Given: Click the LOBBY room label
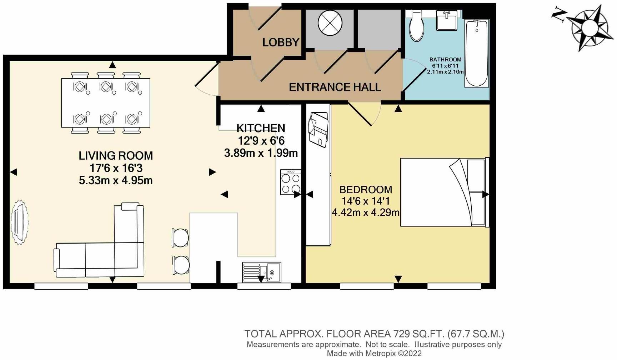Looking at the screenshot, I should [281, 42].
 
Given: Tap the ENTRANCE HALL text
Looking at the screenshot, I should [335, 87].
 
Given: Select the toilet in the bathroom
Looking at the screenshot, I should [416, 26].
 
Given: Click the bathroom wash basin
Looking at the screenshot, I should [446, 20].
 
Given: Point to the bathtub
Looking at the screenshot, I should [476, 54].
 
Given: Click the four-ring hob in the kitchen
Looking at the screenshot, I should [291, 182].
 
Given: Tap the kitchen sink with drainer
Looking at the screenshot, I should [262, 272].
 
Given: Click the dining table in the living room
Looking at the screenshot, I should [106, 103].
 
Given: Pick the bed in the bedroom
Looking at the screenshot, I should [443, 192].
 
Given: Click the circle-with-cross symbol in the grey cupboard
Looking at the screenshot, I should [330, 23].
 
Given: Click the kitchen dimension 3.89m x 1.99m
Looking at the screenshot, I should [261, 153].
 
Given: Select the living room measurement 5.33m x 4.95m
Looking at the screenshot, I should [116, 180].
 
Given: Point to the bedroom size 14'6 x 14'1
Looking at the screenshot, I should [366, 201].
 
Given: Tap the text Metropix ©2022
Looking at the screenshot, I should [392, 354].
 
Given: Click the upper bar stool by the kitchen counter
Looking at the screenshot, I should [181, 237].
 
